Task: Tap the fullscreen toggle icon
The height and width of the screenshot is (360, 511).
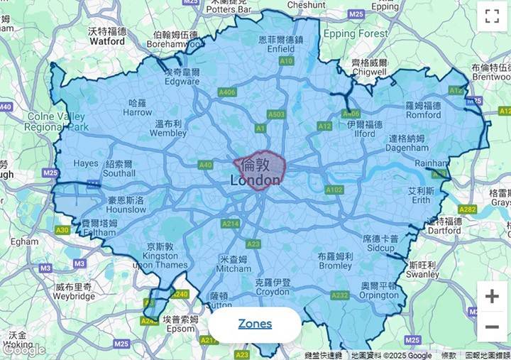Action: point(492,17)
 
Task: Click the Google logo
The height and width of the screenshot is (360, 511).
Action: point(23,349)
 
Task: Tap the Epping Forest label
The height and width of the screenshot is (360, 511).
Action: point(355,33)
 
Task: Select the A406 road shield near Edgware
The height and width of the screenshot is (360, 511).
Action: point(227,92)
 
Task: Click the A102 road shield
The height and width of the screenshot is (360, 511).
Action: point(334,190)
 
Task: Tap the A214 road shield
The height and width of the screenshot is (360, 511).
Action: point(231,224)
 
